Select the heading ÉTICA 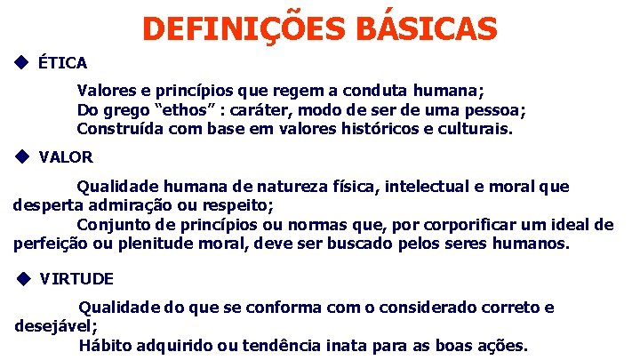click(x=62, y=63)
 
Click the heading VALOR click(x=66, y=157)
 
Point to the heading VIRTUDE click(x=76, y=278)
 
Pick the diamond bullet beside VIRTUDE click(x=24, y=277)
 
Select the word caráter click(x=263, y=109)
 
